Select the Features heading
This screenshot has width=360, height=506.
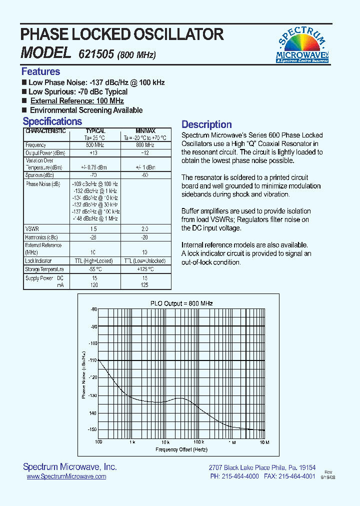point(40,71)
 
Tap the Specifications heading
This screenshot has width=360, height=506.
point(52,121)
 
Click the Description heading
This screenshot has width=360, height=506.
point(206,124)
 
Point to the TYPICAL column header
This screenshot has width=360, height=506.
point(95,131)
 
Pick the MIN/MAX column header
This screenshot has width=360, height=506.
point(145,131)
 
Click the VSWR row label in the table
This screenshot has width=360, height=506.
point(31,228)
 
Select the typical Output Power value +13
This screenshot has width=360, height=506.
point(93,152)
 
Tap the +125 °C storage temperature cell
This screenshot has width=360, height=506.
point(145,269)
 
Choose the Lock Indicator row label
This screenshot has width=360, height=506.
point(38,261)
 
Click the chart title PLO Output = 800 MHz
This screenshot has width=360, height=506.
point(181,303)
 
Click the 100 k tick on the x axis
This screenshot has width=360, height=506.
point(198,442)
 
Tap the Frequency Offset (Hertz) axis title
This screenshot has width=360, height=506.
point(181,449)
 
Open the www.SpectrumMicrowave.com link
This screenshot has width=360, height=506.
point(66,476)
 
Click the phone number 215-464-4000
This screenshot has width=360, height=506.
point(240,476)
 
